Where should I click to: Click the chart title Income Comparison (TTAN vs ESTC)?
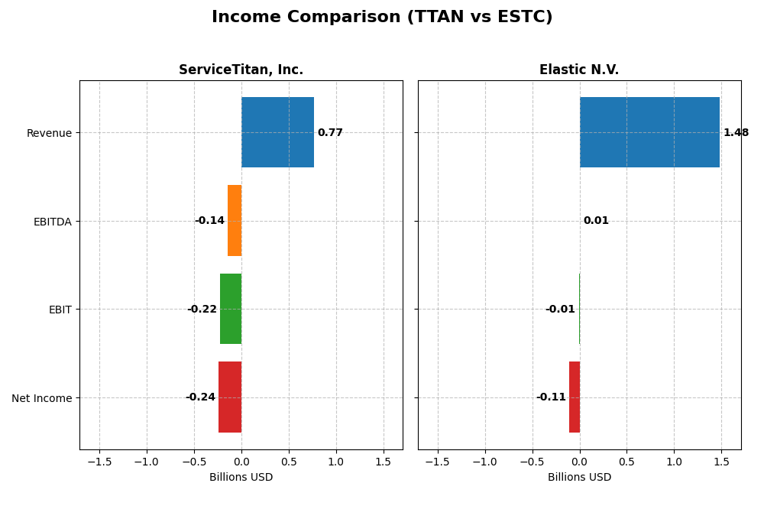pyautogui.click(x=382, y=18)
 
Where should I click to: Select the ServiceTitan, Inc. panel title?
pyautogui.click(x=241, y=70)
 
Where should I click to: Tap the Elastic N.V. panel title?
pyautogui.click(x=579, y=70)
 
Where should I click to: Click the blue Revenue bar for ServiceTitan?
pyautogui.click(x=277, y=132)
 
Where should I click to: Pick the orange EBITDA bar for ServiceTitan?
pyautogui.click(x=235, y=221)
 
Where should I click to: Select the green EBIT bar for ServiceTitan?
pyautogui.click(x=231, y=309)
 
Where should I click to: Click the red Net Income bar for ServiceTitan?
pyautogui.click(x=230, y=397)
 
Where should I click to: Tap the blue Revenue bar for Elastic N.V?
pyautogui.click(x=649, y=132)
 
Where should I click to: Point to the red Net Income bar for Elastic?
pyautogui.click(x=575, y=397)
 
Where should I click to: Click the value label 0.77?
pyautogui.click(x=330, y=133)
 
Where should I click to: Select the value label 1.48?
pyautogui.click(x=736, y=133)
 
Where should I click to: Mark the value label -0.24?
pyautogui.click(x=200, y=397)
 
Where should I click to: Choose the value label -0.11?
pyautogui.click(x=551, y=397)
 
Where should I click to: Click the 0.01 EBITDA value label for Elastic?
pyautogui.click(x=596, y=221)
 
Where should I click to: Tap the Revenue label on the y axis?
pyautogui.click(x=49, y=134)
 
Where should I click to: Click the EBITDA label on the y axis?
pyautogui.click(x=52, y=222)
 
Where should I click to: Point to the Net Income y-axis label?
pyautogui.click(x=41, y=398)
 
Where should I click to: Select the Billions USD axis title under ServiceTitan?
pyautogui.click(x=241, y=478)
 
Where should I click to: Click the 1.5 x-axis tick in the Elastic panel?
pyautogui.click(x=721, y=462)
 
